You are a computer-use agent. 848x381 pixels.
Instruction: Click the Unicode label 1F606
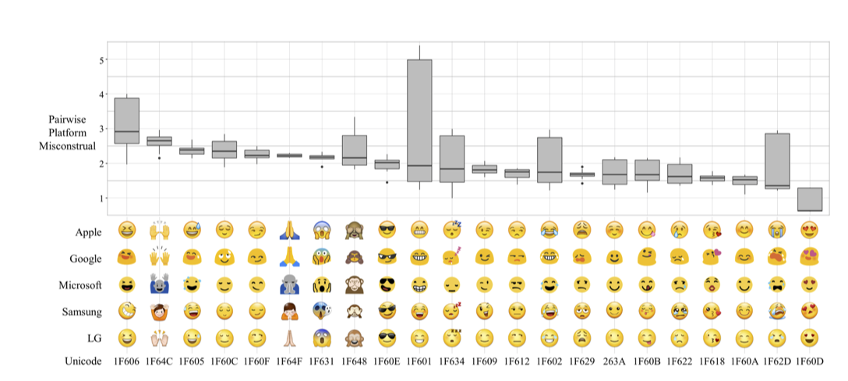[127, 362]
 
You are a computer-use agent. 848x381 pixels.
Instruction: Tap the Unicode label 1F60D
[810, 362]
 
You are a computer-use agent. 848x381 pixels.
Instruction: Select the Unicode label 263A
[615, 362]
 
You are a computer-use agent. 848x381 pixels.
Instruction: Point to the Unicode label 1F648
[355, 362]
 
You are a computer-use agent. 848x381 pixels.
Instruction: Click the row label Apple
[88, 231]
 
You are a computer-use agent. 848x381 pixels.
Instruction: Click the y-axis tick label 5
[101, 60]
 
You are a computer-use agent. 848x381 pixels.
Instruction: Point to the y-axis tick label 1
[101, 198]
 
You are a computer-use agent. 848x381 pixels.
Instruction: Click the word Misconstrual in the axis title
[68, 146]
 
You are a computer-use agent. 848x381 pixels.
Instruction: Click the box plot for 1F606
[127, 121]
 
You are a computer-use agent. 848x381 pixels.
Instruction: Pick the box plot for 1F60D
[810, 199]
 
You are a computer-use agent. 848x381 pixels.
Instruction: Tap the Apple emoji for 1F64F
[289, 231]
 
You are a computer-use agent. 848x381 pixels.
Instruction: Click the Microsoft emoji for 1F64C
[160, 284]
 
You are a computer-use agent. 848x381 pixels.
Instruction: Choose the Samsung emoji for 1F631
[322, 312]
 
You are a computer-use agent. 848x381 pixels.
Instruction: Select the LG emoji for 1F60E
[387, 338]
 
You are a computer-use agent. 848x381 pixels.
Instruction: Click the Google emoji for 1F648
[355, 257]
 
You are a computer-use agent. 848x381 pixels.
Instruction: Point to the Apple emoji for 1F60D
[810, 231]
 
